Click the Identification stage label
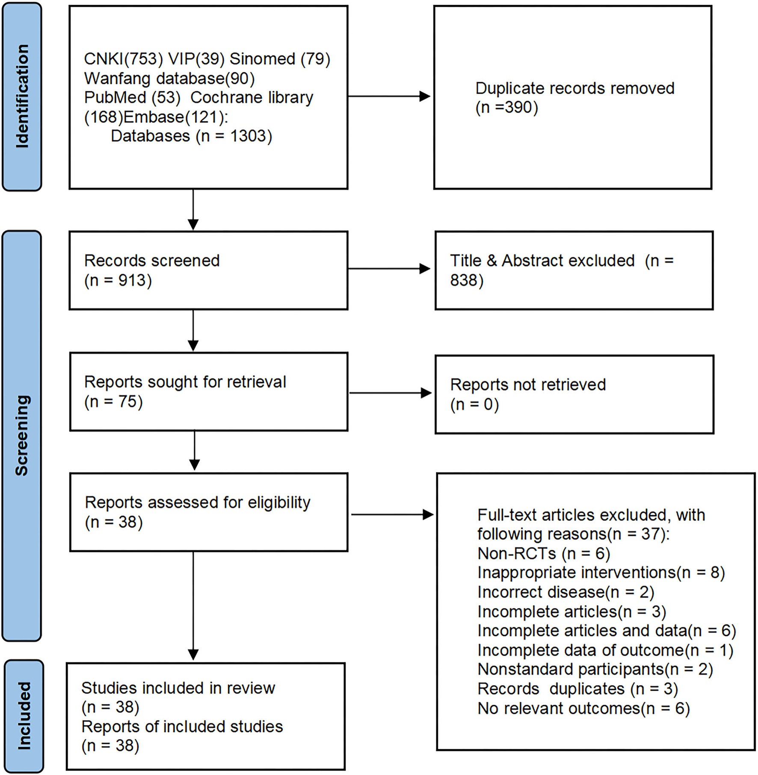(22, 96)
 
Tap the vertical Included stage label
(24, 716)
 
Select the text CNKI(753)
(123, 59)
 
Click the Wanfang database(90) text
(169, 79)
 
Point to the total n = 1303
(234, 137)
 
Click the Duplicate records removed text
(574, 89)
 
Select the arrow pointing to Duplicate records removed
(389, 96)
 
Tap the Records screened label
(152, 261)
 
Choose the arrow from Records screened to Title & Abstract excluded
(389, 269)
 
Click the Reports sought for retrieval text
(185, 382)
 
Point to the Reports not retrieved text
(528, 385)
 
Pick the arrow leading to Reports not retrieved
(390, 393)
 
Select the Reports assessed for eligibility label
(197, 503)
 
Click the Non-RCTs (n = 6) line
(543, 554)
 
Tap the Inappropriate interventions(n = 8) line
(601, 573)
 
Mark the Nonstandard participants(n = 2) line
(595, 669)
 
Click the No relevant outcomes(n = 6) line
(583, 709)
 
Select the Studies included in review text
(178, 688)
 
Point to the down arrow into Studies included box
(193, 608)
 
